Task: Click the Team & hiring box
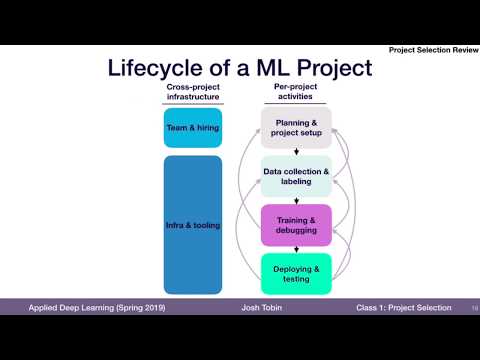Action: tap(192, 127)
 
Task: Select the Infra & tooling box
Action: tap(192, 225)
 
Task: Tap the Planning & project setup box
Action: tap(296, 127)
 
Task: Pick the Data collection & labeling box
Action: tap(296, 176)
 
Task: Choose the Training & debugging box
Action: tap(296, 224)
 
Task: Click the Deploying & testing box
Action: tap(296, 273)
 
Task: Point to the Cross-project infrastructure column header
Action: tap(192, 94)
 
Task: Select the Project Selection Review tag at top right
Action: tap(432, 50)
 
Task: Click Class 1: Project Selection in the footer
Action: tap(403, 307)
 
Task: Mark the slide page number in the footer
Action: tap(472, 307)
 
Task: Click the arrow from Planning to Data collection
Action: tap(296, 152)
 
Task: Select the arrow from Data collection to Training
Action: tap(296, 200)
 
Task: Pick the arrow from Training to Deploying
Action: tap(296, 249)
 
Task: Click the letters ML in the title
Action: tap(264, 68)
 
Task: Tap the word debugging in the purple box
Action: tap(296, 230)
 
